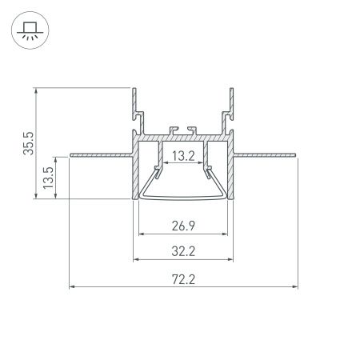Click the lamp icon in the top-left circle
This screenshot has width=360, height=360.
30,30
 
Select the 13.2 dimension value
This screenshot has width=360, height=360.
184,156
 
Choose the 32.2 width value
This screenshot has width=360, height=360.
184,251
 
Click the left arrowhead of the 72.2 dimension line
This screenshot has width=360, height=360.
73,286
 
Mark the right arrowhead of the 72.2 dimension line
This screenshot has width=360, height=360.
294,286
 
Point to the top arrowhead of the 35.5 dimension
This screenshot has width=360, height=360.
37,90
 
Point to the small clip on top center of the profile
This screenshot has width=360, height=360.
183,128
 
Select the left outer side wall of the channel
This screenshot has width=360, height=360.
134,172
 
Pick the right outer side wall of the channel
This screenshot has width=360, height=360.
234,172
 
